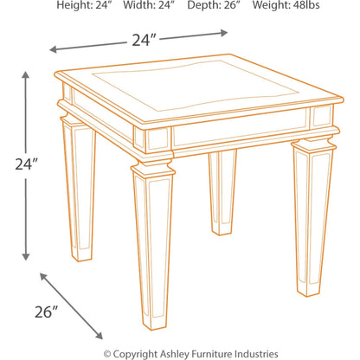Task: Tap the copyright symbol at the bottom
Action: point(107,353)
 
